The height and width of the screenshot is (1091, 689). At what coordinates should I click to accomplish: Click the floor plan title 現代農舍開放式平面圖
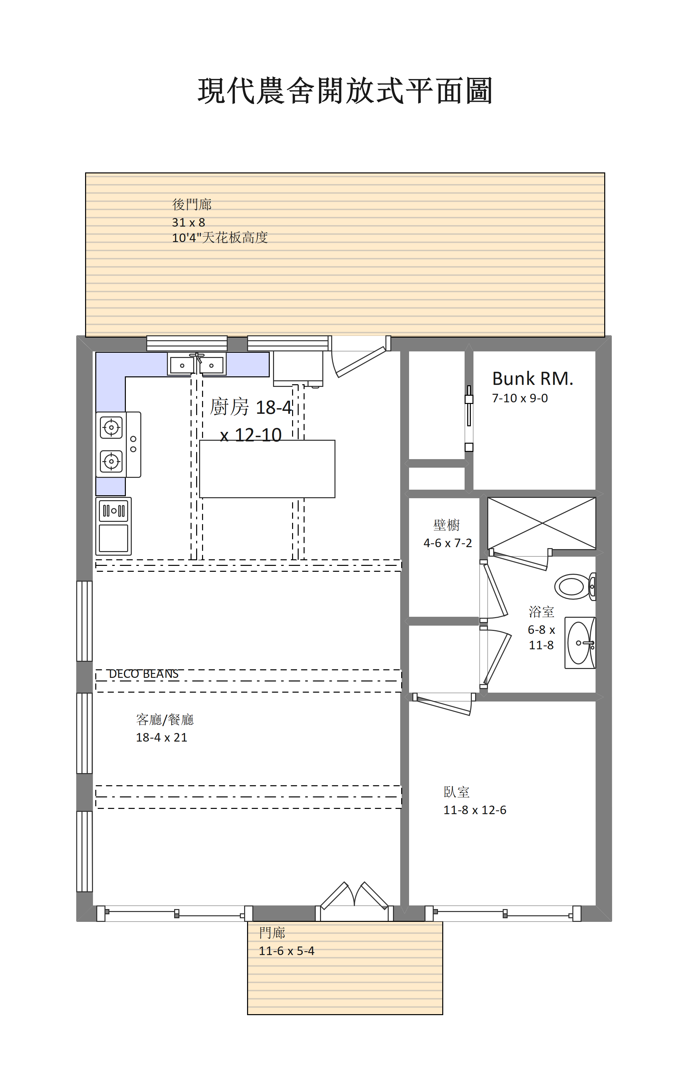pyautogui.click(x=345, y=91)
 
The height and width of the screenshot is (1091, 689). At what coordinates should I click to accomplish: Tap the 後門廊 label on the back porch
pyautogui.click(x=192, y=204)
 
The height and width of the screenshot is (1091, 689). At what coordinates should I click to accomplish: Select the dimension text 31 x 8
pyautogui.click(x=189, y=222)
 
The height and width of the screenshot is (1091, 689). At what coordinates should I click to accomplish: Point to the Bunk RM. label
pyautogui.click(x=533, y=378)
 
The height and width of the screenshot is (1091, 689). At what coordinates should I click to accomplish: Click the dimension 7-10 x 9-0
pyautogui.click(x=520, y=398)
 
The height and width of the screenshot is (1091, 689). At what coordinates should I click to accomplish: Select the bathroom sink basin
pyautogui.click(x=580, y=642)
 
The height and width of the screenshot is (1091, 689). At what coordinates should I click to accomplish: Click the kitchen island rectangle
pyautogui.click(x=267, y=469)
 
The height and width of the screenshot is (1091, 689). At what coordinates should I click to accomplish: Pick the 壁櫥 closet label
pyautogui.click(x=447, y=525)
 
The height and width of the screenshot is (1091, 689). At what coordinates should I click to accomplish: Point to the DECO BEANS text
pyautogui.click(x=144, y=674)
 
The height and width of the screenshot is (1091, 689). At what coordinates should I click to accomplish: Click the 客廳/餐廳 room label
pyautogui.click(x=165, y=720)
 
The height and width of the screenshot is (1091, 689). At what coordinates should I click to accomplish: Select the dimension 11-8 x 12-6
pyautogui.click(x=474, y=810)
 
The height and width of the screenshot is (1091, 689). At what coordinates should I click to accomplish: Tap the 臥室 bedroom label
pyautogui.click(x=456, y=792)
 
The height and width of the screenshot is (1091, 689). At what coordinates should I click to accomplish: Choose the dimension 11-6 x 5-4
pyautogui.click(x=287, y=951)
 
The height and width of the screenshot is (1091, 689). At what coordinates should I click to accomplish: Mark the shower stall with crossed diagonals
pyautogui.click(x=542, y=523)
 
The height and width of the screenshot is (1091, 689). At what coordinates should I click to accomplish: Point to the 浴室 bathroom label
pyautogui.click(x=541, y=612)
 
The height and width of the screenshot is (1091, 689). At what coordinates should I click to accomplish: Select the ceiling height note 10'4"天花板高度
pyautogui.click(x=220, y=237)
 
